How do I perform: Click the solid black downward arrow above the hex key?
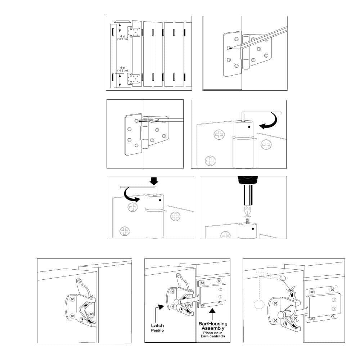(x=154, y=180)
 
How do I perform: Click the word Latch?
(x=157, y=325)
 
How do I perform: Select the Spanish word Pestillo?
(x=157, y=330)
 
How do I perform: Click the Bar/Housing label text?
(x=213, y=324)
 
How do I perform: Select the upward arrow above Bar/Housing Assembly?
(x=212, y=311)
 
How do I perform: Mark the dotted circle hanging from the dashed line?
(x=258, y=304)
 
